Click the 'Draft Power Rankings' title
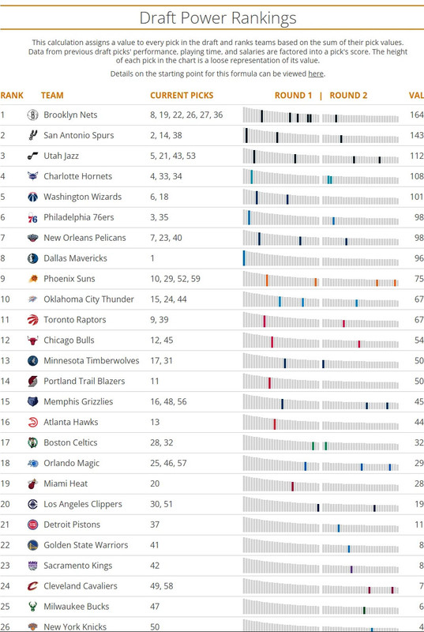[218, 18]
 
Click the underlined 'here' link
[316, 73]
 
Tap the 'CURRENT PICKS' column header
[182, 96]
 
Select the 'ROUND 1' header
[293, 96]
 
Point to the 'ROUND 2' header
[348, 96]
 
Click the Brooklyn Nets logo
[32, 115]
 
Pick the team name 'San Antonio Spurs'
[78, 135]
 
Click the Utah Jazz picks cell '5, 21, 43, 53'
[173, 156]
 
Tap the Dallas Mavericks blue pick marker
[244, 258]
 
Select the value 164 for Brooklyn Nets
[417, 115]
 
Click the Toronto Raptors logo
[32, 320]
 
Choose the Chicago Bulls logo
[32, 340]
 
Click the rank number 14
[6, 381]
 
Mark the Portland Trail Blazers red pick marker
[269, 383]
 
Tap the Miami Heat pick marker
[292, 486]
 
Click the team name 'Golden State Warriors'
[86, 545]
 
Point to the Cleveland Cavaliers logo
[32, 586]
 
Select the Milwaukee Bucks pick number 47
[155, 606]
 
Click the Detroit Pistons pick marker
[339, 528]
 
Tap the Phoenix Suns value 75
[418, 279]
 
